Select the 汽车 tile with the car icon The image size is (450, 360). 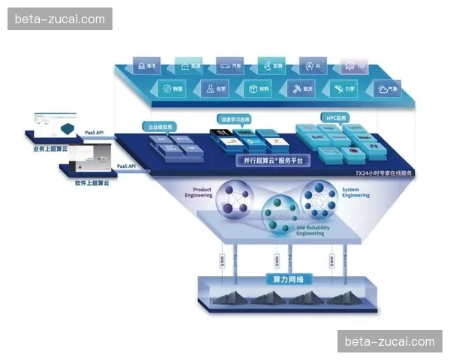230,65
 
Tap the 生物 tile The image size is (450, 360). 271,65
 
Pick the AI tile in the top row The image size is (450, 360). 313,65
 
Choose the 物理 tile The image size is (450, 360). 172,88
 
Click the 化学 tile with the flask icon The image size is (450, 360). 215,88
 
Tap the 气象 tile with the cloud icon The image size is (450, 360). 388,89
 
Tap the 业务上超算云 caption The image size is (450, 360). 50,148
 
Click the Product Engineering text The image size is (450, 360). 198,192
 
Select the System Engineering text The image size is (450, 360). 355,192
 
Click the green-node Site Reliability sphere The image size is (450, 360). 280,214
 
